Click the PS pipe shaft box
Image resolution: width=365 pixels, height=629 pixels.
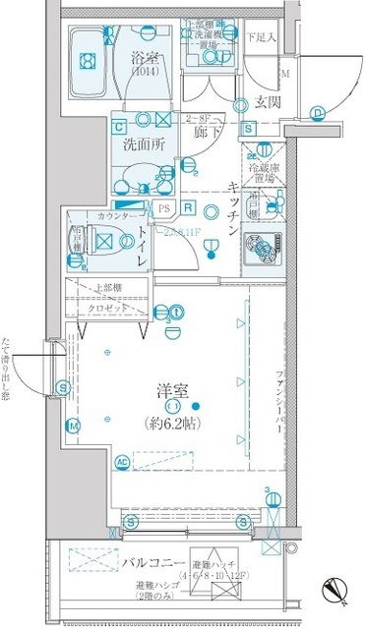(163, 207)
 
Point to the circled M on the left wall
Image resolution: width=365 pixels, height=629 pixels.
(73, 426)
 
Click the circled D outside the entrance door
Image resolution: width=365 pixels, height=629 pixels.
(320, 112)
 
